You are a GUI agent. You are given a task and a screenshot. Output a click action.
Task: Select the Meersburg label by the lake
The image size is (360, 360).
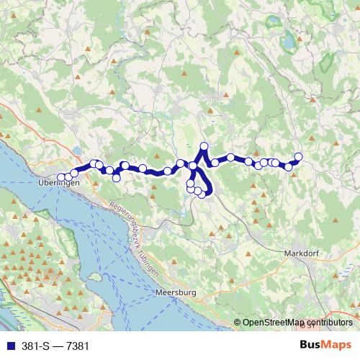coord(175,293)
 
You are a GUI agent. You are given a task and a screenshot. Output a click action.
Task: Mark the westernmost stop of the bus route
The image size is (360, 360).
coord(60,177)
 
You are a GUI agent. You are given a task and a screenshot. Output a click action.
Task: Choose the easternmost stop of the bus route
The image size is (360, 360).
coord(299,157)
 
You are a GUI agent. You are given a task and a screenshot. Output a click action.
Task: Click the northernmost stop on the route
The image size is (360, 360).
coord(204,147)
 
